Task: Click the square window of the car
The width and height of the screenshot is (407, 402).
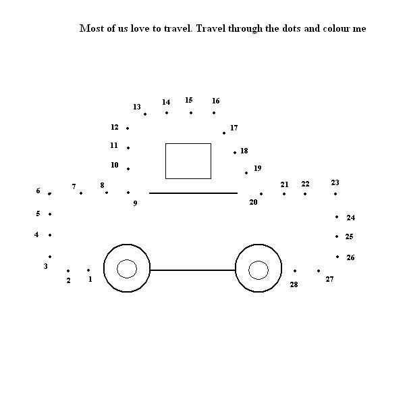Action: pyautogui.click(x=188, y=161)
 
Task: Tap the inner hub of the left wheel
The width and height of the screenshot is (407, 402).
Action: pyautogui.click(x=127, y=269)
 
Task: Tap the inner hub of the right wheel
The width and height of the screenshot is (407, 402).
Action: pyautogui.click(x=259, y=270)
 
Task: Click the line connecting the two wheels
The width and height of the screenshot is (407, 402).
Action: pyautogui.click(x=192, y=270)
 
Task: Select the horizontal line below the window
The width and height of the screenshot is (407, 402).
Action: pyautogui.click(x=194, y=193)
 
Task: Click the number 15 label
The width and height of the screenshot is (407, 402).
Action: pyautogui.click(x=189, y=100)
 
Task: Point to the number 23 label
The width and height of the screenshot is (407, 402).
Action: pyautogui.click(x=335, y=182)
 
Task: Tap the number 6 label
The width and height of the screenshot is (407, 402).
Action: pyautogui.click(x=38, y=191)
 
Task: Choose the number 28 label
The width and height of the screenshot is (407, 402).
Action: pyautogui.click(x=294, y=284)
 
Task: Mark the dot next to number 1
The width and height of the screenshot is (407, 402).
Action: pyautogui.click(x=88, y=270)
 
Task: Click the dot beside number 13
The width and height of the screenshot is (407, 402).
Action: pyautogui.click(x=145, y=114)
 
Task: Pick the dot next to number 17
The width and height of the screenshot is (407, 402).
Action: pyautogui.click(x=224, y=133)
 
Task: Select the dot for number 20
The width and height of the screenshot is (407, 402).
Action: pyautogui.click(x=261, y=194)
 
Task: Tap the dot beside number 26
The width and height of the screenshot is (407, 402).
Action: pyautogui.click(x=337, y=257)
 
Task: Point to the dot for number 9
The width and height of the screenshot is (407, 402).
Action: pyautogui.click(x=128, y=193)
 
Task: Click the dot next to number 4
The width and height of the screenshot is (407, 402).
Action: pyautogui.click(x=50, y=235)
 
